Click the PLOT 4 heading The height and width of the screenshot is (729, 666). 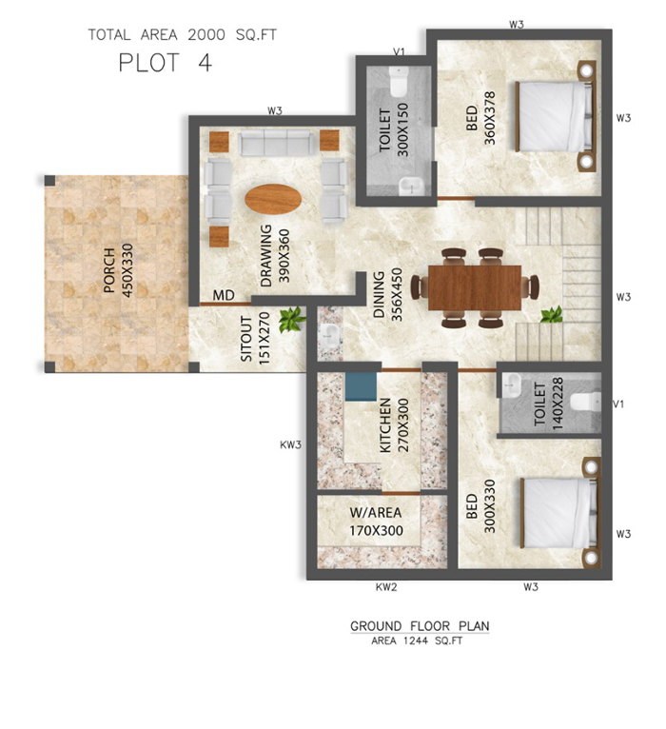point(166,63)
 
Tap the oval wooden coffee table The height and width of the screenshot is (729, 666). point(273,199)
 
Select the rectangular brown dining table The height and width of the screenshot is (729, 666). point(474,287)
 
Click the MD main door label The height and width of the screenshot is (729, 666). point(224,295)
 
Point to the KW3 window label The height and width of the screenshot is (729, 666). point(290,445)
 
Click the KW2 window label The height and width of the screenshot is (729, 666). point(386,587)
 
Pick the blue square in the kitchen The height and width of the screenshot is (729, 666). point(361,386)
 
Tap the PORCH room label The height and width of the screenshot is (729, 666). point(109,270)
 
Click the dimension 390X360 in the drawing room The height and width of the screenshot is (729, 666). point(284,256)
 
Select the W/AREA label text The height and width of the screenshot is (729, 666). point(376,512)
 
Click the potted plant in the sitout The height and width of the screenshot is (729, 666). point(292,320)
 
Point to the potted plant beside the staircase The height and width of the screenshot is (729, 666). point(552,315)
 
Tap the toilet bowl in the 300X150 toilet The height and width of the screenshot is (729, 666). point(399,81)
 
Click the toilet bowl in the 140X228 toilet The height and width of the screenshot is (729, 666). point(585,403)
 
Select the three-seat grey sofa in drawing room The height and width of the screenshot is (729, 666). point(275,143)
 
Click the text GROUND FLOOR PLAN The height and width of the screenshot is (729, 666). point(420,626)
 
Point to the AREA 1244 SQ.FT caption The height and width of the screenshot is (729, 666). point(417,641)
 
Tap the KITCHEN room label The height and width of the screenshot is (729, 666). point(385,425)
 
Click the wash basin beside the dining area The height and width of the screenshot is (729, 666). point(329,334)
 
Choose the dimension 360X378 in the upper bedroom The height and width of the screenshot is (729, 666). point(489,118)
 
